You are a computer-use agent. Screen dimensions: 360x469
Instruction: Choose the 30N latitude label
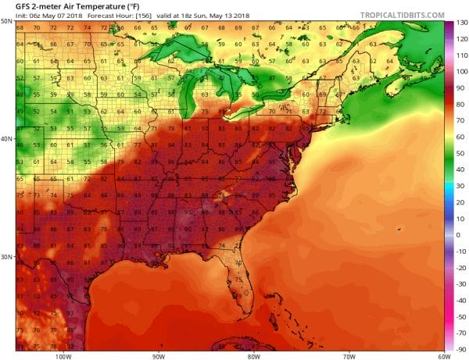coord(7,256)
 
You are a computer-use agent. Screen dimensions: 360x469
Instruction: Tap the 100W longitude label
coord(64,355)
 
